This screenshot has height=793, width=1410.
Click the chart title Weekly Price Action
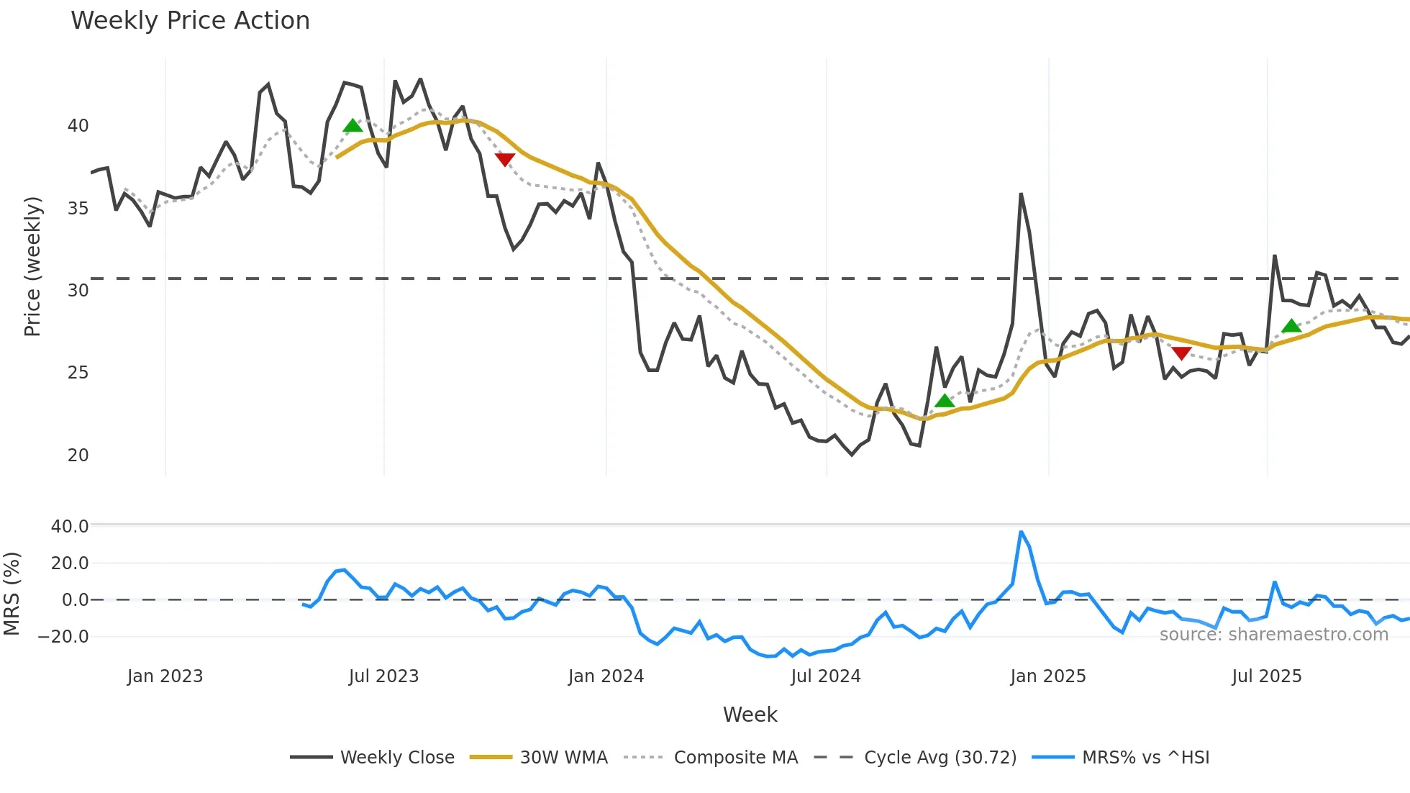coord(190,21)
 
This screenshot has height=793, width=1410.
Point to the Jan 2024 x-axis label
coord(606,676)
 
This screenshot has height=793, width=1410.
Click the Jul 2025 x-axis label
coord(1266,676)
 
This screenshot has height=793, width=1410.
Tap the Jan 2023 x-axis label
coord(165,676)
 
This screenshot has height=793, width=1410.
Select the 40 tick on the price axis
coord(78,126)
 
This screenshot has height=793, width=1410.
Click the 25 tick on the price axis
coord(78,373)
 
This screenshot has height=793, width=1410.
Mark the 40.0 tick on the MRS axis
coord(69,527)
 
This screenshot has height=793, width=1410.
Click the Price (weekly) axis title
coord(33,266)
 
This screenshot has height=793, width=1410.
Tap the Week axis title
coord(750,715)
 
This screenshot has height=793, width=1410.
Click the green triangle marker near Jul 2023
coord(352,126)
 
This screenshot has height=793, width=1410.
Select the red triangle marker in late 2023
coord(505,159)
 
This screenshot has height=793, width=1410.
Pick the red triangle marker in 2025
coord(1181,353)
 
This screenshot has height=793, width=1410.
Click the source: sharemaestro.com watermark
coord(1273,635)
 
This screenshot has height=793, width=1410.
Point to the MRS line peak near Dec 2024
coord(1021,532)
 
